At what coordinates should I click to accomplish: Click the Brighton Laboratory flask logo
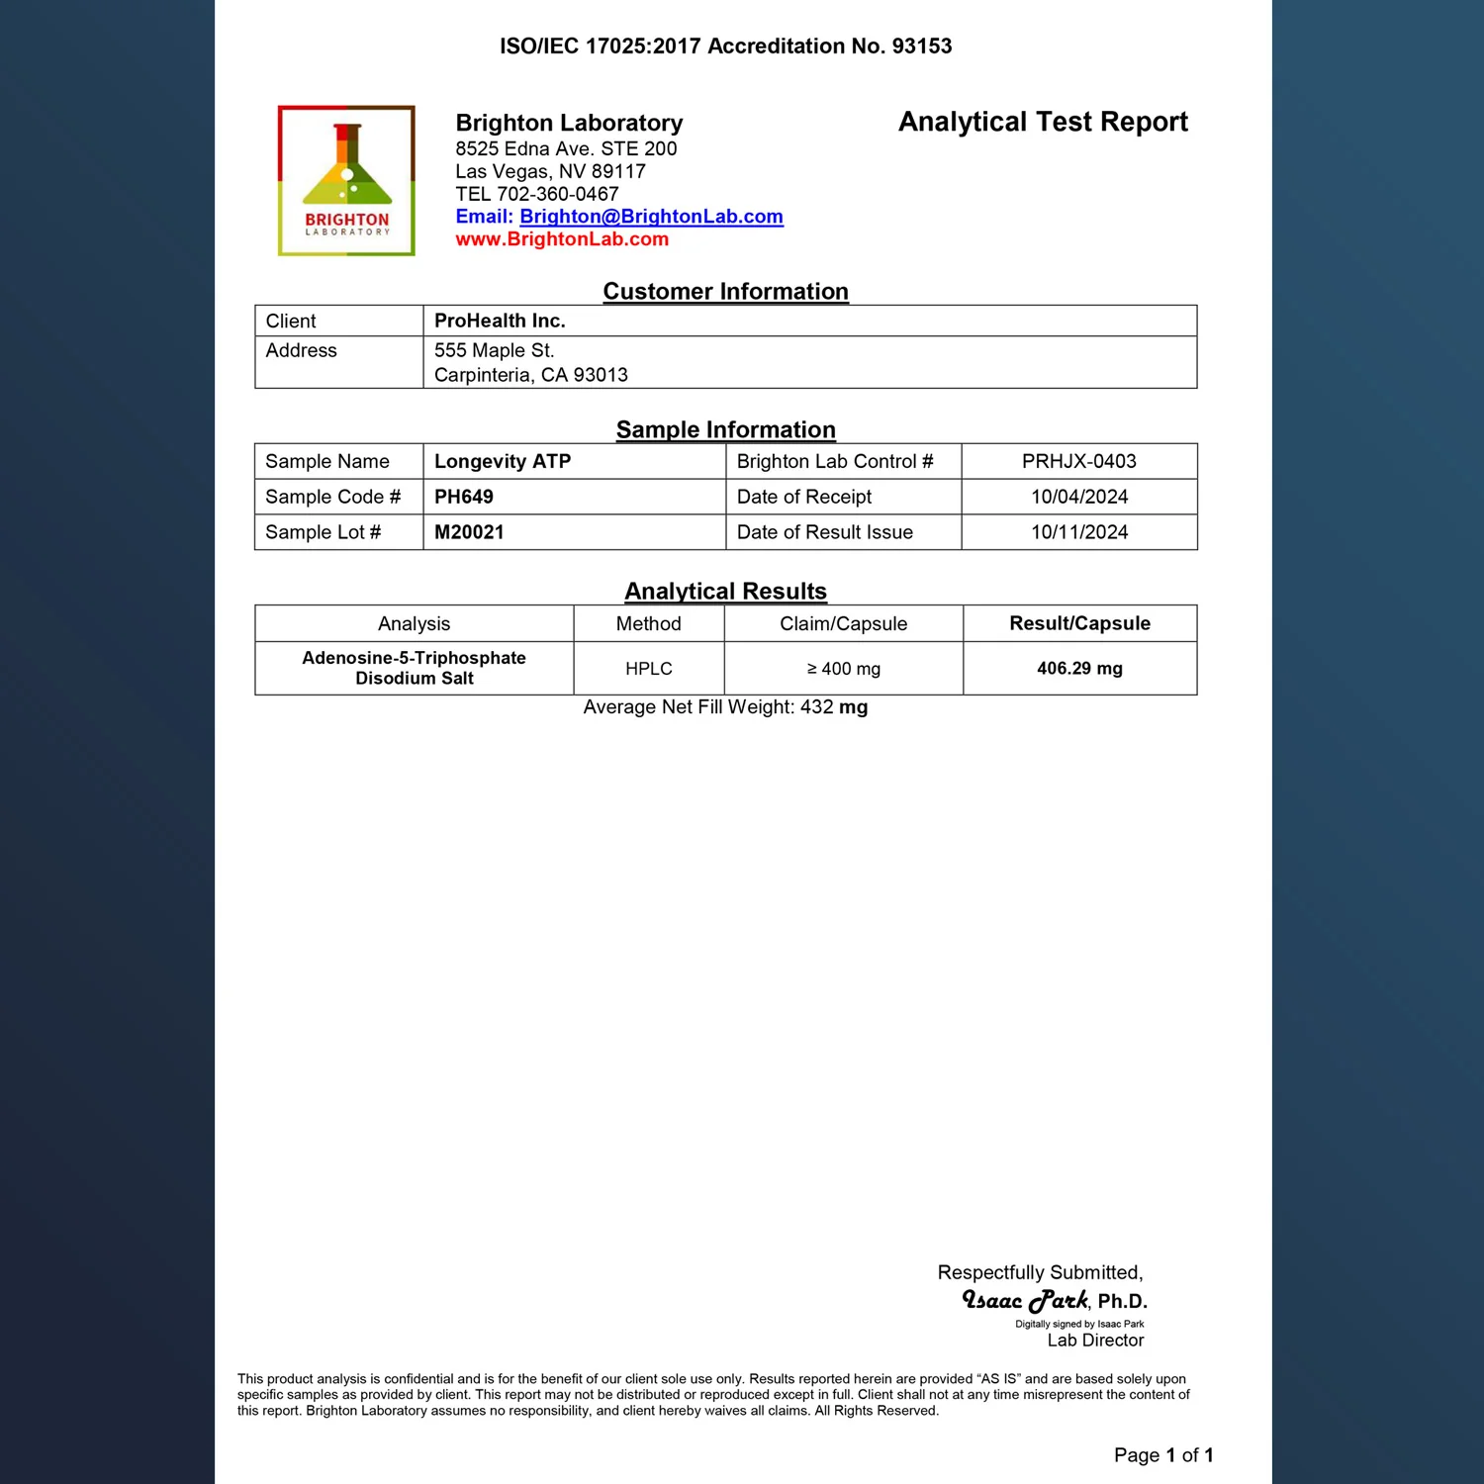click(346, 180)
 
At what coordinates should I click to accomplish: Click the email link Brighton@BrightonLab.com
click(651, 217)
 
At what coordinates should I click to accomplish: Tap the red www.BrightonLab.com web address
click(562, 239)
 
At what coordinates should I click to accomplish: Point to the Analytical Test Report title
click(1043, 122)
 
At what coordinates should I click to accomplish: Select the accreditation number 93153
click(921, 46)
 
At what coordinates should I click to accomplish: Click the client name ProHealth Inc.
click(500, 321)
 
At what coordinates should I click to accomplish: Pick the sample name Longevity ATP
click(503, 461)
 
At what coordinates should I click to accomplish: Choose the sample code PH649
click(464, 497)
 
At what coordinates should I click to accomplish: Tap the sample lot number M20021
click(469, 532)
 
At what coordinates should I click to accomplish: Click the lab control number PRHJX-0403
click(1078, 461)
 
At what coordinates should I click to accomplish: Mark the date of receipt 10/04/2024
click(1079, 497)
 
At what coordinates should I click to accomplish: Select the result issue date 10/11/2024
click(1079, 532)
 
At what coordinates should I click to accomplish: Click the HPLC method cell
click(649, 669)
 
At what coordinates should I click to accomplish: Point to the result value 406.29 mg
click(1079, 669)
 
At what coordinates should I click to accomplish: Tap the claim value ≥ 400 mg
click(843, 669)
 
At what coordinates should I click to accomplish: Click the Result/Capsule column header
click(1079, 623)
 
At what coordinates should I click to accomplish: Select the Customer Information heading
click(726, 292)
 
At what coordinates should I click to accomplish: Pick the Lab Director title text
click(1095, 1341)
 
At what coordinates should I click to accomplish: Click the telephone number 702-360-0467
click(558, 194)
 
